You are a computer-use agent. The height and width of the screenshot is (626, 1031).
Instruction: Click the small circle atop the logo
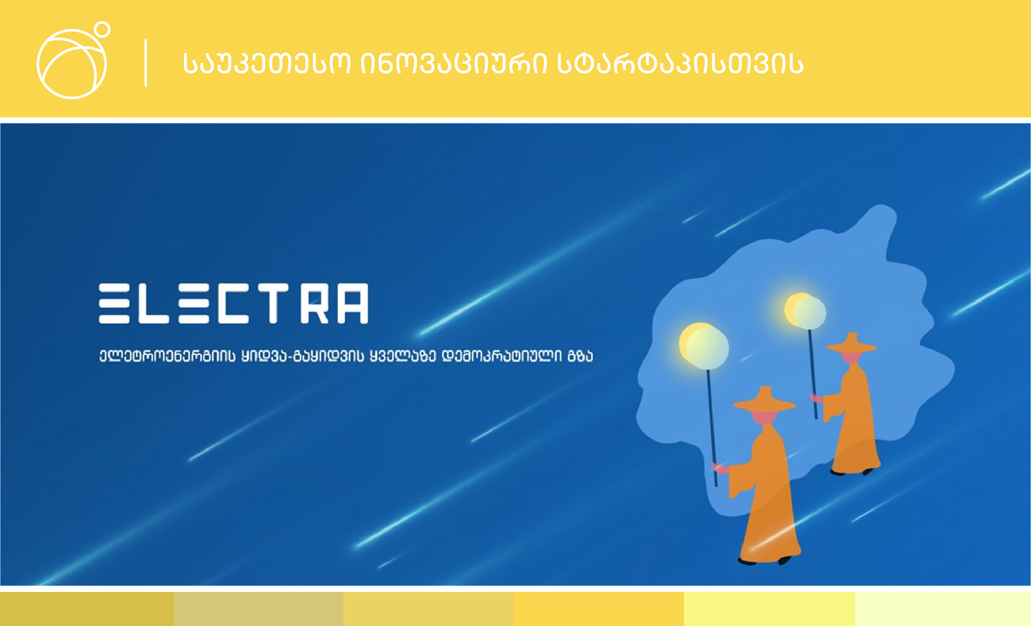pyautogui.click(x=102, y=29)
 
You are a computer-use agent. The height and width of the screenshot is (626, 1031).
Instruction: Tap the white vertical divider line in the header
pyautogui.click(x=146, y=63)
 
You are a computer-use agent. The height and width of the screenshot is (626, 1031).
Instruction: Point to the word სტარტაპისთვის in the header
pyautogui.click(x=680, y=63)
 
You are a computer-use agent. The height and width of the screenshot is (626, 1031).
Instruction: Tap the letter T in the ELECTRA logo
pyautogui.click(x=273, y=304)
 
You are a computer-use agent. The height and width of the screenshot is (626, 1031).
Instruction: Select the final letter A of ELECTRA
pyautogui.click(x=353, y=304)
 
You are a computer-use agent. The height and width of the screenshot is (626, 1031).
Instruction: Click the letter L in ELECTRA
pyautogui.click(x=153, y=304)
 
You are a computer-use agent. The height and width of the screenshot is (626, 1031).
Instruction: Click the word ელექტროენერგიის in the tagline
pyautogui.click(x=167, y=356)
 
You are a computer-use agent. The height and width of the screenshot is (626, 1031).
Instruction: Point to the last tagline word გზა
pyautogui.click(x=580, y=356)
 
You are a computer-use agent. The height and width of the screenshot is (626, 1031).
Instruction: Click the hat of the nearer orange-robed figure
pyautogui.click(x=764, y=400)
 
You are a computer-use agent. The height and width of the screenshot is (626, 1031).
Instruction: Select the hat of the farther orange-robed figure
pyautogui.click(x=851, y=343)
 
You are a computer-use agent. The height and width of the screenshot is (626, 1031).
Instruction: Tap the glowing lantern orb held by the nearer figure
pyautogui.click(x=704, y=346)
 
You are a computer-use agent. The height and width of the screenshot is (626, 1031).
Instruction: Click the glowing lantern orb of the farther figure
pyautogui.click(x=805, y=311)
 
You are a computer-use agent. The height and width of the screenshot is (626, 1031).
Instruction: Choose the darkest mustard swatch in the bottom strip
pyautogui.click(x=87, y=609)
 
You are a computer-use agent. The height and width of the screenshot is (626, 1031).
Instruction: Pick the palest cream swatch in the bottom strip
pyautogui.click(x=943, y=609)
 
